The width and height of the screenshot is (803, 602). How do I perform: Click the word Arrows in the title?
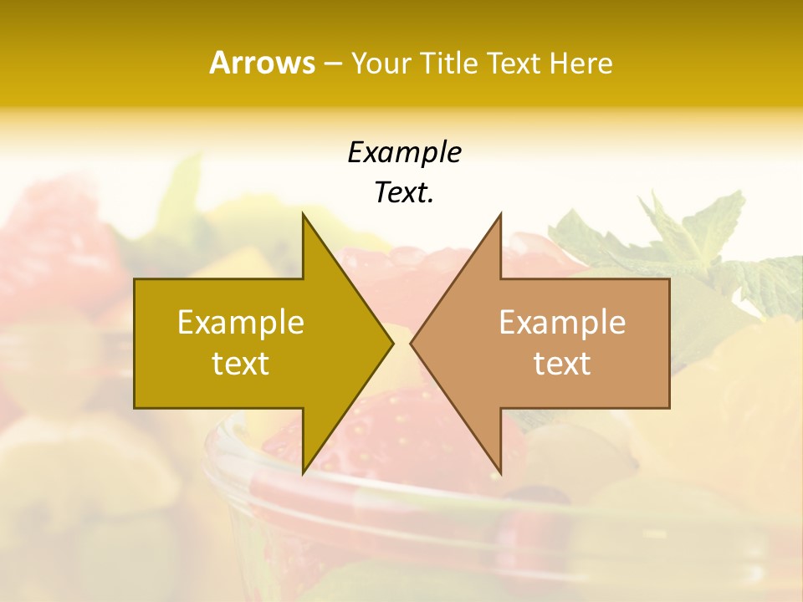pos(262,63)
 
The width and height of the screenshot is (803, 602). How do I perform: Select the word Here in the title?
pos(581,63)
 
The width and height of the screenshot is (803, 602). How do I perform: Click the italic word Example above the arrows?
pos(404,152)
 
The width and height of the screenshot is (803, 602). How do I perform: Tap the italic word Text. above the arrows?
pos(404,193)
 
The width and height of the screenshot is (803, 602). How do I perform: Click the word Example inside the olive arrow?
pos(241,322)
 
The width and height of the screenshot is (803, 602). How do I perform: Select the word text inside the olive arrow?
pos(241,364)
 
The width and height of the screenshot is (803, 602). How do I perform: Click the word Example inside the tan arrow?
pos(562,322)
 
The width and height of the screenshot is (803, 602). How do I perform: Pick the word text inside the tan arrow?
pos(562,364)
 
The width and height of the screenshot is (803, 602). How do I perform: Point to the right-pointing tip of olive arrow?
pos(391,343)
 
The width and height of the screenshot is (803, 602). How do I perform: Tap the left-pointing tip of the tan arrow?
pos(412,343)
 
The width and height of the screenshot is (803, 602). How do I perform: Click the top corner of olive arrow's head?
pos(303,215)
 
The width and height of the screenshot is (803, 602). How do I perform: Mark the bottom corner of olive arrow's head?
pos(303,472)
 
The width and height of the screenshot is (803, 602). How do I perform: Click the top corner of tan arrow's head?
pos(500,215)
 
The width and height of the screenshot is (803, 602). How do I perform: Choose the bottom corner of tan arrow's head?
pos(500,472)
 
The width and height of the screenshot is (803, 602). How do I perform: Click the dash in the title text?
pos(332,64)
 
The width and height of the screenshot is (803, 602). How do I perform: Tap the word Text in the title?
pos(515,63)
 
